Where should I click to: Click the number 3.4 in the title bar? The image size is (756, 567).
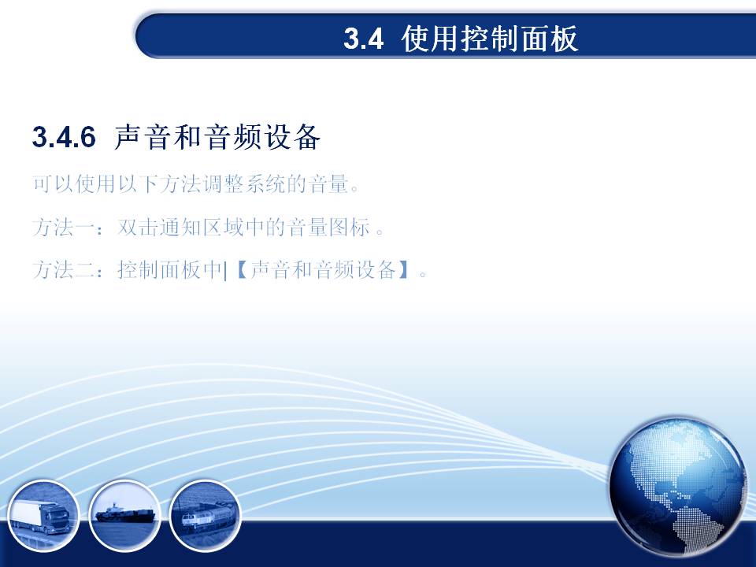[x=364, y=39]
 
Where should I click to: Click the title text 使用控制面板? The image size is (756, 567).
[x=489, y=39]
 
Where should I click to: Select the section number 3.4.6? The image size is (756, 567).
[x=64, y=137]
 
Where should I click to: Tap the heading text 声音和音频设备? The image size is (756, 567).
[x=217, y=137]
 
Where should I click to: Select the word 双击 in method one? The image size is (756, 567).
[x=138, y=227]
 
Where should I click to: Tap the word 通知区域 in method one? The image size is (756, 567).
[x=202, y=227]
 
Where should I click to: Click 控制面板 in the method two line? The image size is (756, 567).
[x=159, y=269]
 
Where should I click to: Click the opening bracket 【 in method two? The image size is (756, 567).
[x=241, y=269]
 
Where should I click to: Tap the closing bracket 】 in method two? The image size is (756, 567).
[x=404, y=269]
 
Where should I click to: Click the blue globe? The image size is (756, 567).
[x=678, y=487]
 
